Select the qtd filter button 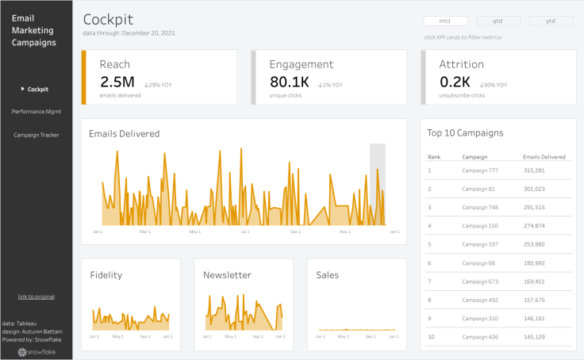[x=498, y=21]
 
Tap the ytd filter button [x=551, y=21]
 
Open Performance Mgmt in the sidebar [x=36, y=112]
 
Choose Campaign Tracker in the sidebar [x=36, y=135]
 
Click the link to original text [x=36, y=297]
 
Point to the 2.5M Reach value [x=117, y=82]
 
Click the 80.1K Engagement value [x=290, y=82]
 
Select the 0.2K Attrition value [x=455, y=82]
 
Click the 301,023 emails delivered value [x=534, y=189]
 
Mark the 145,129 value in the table [x=534, y=337]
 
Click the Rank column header [x=434, y=157]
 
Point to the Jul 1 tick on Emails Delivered [x=244, y=232]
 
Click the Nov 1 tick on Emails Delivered [x=345, y=232]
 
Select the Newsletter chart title [x=227, y=275]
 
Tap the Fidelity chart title [x=106, y=275]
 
